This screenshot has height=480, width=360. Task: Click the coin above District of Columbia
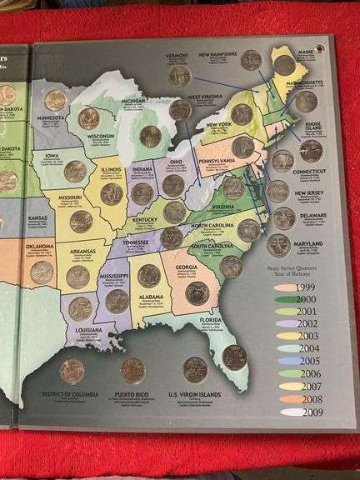pos(72,370)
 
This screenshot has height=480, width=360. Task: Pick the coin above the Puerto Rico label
pos(132,370)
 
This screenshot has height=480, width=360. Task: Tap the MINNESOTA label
pos(52,119)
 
